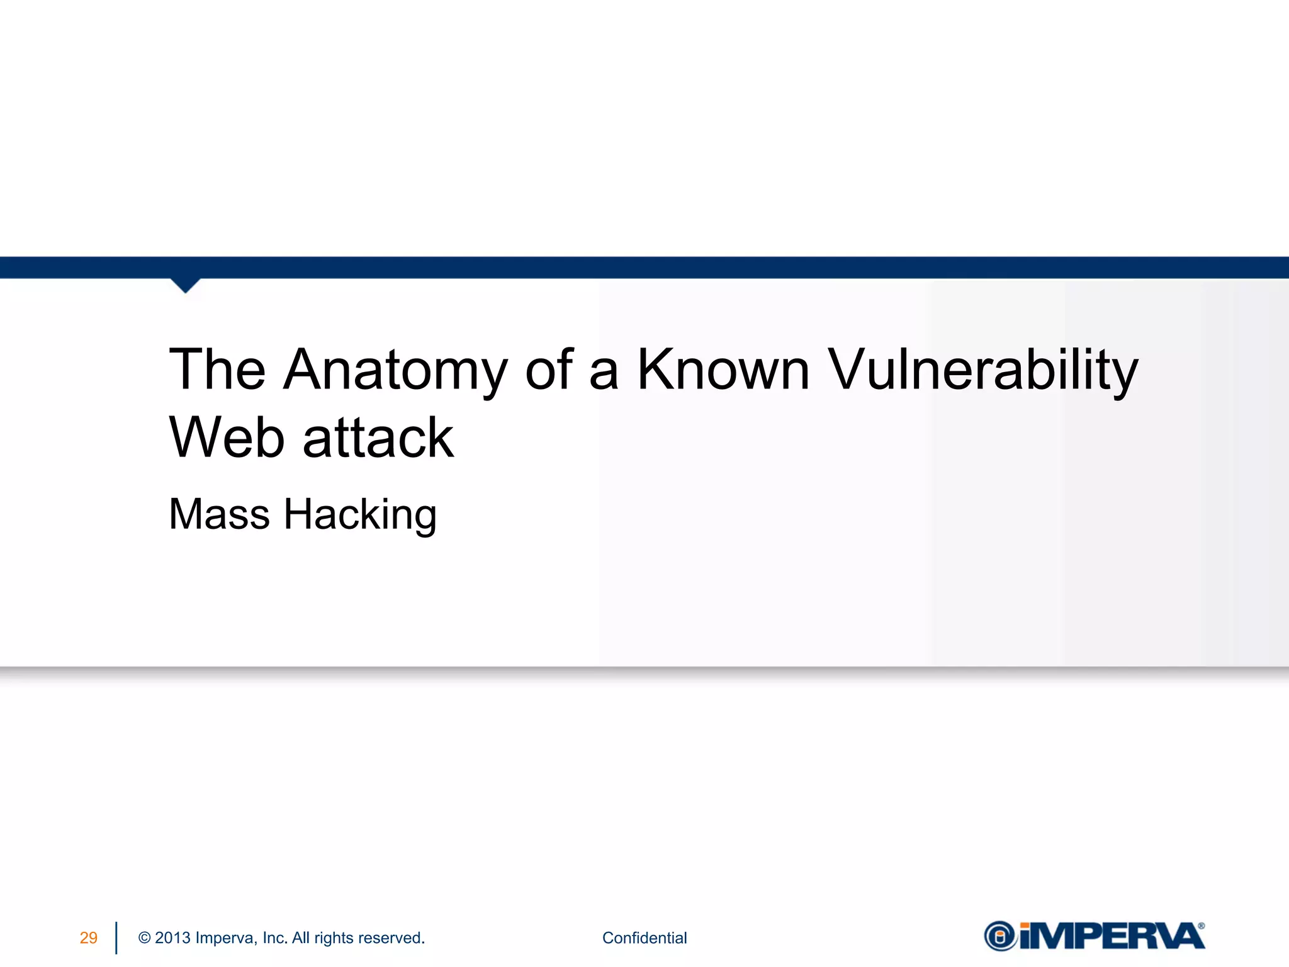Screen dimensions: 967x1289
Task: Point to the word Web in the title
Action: click(x=227, y=438)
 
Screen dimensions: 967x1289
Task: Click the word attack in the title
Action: click(x=378, y=438)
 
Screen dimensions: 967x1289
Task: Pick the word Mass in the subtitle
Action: click(x=219, y=514)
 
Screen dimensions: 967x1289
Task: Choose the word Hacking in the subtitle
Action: click(x=360, y=514)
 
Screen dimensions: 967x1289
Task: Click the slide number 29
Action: click(x=89, y=938)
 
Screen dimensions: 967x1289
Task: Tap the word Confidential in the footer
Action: click(x=644, y=938)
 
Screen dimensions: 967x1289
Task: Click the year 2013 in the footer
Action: click(x=172, y=938)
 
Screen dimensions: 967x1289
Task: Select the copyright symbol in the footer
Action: click(x=144, y=938)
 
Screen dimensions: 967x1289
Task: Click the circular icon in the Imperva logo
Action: click(x=1000, y=936)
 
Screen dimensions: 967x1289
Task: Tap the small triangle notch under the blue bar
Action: click(x=185, y=285)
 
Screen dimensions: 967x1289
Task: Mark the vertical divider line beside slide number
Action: click(x=116, y=938)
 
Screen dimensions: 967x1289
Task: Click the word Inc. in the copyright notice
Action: click(x=275, y=938)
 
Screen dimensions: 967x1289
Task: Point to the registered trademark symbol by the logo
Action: click(x=1202, y=926)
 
